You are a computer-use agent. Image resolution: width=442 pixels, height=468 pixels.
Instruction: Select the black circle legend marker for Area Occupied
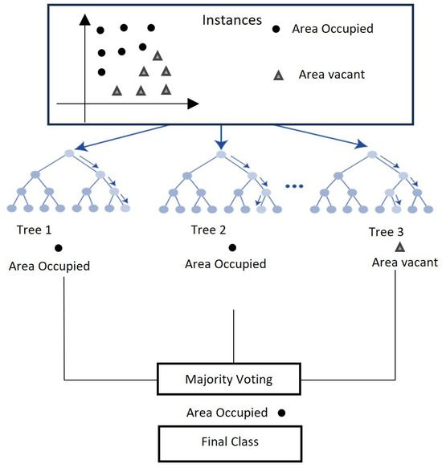[x=276, y=30]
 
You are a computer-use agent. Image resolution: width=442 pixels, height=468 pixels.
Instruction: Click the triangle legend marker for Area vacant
[x=278, y=75]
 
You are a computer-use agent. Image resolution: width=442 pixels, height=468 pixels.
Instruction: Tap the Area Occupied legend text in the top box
[x=334, y=30]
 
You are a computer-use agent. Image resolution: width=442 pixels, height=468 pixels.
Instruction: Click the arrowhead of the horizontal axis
[x=193, y=103]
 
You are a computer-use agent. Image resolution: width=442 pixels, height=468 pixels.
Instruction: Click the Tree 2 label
[x=209, y=230]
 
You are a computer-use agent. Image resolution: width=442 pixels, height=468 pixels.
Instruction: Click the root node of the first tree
[x=70, y=153]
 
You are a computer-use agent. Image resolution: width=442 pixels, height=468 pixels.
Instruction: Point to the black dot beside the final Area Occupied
[x=281, y=413]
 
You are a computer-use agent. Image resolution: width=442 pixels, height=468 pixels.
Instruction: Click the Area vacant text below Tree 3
[x=404, y=262]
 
